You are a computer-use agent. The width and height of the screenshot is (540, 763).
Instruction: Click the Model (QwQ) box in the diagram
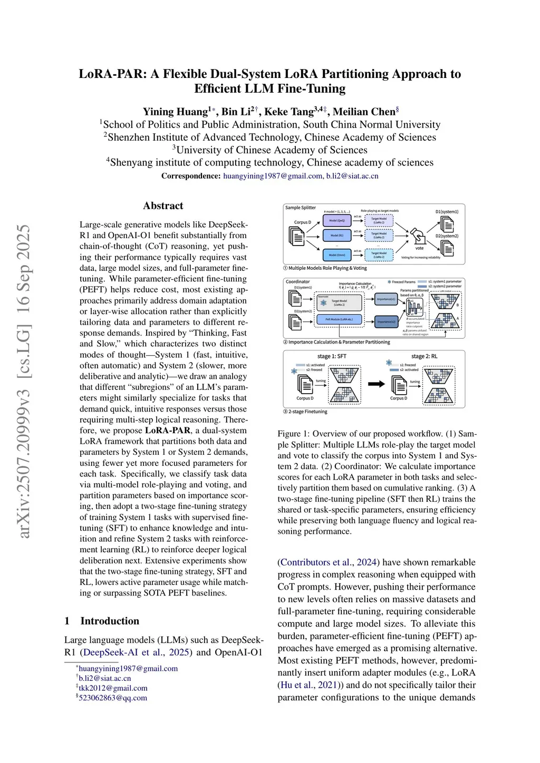[337, 221]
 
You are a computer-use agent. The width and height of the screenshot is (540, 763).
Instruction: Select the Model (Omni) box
[337, 255]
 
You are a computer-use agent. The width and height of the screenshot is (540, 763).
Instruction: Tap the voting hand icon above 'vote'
[418, 236]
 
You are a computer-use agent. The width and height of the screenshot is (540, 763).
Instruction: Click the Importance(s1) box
[385, 299]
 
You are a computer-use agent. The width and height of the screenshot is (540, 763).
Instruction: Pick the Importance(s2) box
[385, 321]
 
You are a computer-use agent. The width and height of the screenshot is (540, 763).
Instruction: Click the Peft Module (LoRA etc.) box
[339, 319]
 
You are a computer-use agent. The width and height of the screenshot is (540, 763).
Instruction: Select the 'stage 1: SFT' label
[332, 356]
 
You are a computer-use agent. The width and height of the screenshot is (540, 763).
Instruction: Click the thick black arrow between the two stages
[377, 384]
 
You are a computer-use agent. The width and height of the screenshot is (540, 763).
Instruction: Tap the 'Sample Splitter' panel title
[301, 208]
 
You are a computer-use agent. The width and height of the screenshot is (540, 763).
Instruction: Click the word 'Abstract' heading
[163, 206]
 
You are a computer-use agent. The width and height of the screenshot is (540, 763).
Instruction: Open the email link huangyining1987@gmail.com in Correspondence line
[273, 176]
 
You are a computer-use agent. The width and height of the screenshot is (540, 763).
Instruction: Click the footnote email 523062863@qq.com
[113, 698]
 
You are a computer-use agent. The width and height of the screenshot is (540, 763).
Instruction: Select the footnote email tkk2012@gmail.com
[113, 688]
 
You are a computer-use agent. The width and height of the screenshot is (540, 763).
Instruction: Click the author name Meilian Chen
[364, 112]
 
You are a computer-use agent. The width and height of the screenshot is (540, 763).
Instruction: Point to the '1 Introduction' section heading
[102, 621]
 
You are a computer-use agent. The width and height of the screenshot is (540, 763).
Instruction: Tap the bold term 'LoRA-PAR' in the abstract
[168, 431]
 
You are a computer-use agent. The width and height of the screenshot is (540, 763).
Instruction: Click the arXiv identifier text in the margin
[24, 381]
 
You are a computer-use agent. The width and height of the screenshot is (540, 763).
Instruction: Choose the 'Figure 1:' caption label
[293, 434]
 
